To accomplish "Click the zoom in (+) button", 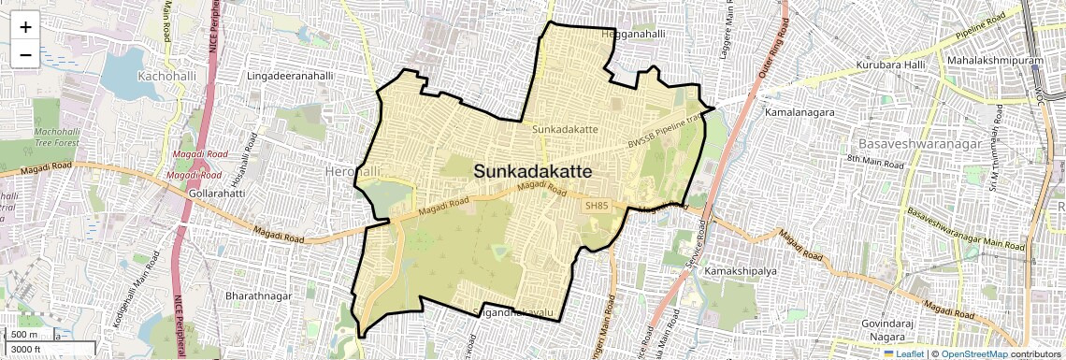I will pyautogui.click(x=25, y=27).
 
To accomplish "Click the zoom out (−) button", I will pyautogui.click(x=25, y=55).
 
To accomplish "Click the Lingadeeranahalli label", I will pyautogui.click(x=290, y=75).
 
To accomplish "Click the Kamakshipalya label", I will pyautogui.click(x=742, y=270).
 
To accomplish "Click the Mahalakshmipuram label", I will pyautogui.click(x=990, y=60).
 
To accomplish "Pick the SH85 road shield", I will pyautogui.click(x=597, y=206).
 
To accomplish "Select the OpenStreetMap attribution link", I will pyautogui.click(x=973, y=354).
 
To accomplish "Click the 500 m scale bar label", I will pyautogui.click(x=24, y=335).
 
